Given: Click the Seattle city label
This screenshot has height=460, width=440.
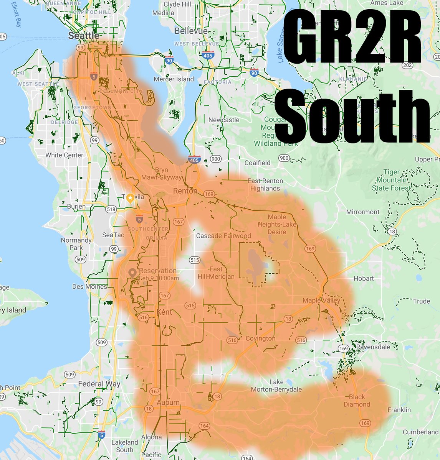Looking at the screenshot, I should (x=83, y=36).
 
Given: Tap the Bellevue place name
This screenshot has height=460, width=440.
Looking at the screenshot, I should (x=191, y=31).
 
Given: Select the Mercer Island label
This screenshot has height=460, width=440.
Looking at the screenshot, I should (x=174, y=79).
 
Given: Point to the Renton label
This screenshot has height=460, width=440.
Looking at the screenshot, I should (x=185, y=191).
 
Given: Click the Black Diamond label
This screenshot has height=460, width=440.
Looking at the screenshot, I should (x=357, y=401).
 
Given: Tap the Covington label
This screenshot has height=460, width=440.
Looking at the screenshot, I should (x=261, y=338).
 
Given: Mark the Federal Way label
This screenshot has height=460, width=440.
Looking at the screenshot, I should (x=99, y=384).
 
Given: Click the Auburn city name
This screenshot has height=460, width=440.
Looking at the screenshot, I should (x=168, y=402).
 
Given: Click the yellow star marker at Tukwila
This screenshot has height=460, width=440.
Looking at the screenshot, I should (x=130, y=198).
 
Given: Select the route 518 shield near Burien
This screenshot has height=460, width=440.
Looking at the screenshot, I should (x=111, y=209).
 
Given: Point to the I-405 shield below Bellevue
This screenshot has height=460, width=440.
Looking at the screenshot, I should (x=208, y=56).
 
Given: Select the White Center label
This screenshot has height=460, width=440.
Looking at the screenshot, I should (x=64, y=155).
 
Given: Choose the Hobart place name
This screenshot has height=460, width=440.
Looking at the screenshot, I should (x=363, y=278).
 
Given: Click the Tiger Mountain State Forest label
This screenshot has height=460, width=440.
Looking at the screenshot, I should (x=391, y=180).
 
